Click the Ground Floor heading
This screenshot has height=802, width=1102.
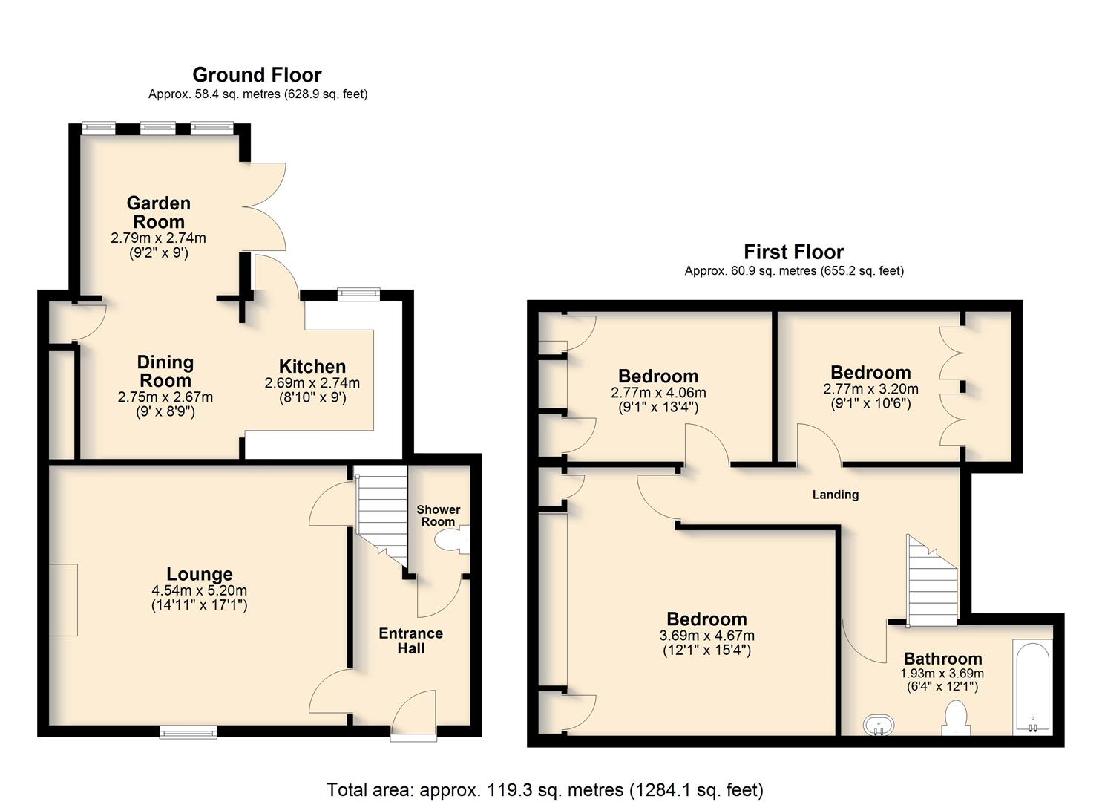(257, 75)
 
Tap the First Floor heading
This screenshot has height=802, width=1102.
(793, 252)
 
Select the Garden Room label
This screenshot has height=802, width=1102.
(158, 212)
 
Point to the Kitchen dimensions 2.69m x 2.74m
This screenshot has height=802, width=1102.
(312, 383)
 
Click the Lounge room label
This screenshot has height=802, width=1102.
(199, 574)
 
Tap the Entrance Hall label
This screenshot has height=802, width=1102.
(410, 641)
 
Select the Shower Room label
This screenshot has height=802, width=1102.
(439, 515)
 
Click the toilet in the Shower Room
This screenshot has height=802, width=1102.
(451, 540)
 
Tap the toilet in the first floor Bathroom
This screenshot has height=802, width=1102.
(956, 717)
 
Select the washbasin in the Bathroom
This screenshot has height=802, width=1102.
(879, 725)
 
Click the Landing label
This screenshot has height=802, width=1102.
(836, 495)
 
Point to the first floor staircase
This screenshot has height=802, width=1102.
(932, 581)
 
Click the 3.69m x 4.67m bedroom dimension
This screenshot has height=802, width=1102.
(706, 636)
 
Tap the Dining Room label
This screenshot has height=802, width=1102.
(165, 371)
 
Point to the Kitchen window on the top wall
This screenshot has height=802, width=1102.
(358, 294)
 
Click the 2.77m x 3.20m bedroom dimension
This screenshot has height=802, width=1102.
(870, 389)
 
